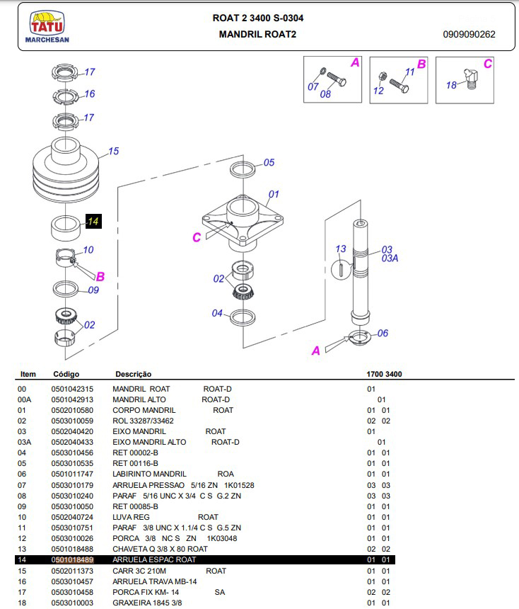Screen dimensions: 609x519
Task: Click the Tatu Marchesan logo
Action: tap(46, 28)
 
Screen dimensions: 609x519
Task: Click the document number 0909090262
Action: tap(470, 34)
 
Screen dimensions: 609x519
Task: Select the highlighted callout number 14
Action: tap(93, 222)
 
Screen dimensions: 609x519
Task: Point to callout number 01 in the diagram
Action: tap(274, 193)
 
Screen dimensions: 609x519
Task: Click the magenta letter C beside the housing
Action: tap(197, 238)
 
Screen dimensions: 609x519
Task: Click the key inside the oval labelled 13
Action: tap(341, 270)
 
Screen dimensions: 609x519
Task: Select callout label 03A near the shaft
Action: tap(390, 258)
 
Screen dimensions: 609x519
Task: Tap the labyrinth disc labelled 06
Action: tap(361, 337)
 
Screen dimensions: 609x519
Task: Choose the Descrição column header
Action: tap(133, 374)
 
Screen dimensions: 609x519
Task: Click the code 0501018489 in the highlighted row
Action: tap(73, 560)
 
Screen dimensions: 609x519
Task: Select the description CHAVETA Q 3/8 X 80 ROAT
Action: tap(160, 549)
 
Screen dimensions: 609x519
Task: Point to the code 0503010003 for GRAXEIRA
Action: tap(73, 603)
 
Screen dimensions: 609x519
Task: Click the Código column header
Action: tap(66, 374)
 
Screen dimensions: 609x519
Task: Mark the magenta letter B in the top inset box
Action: tap(421, 64)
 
